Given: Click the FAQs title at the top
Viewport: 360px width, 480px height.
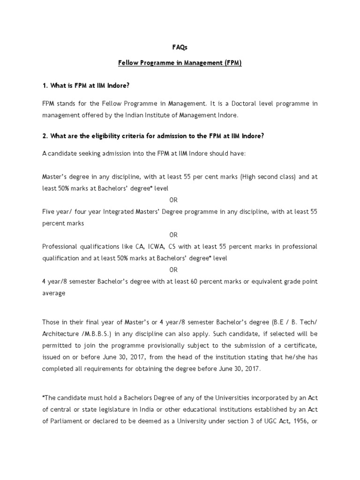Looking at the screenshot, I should coord(180,47).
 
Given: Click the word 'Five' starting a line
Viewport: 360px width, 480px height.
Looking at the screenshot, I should coord(49,211).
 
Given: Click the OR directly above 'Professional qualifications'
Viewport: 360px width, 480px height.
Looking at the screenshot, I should coord(173,234).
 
